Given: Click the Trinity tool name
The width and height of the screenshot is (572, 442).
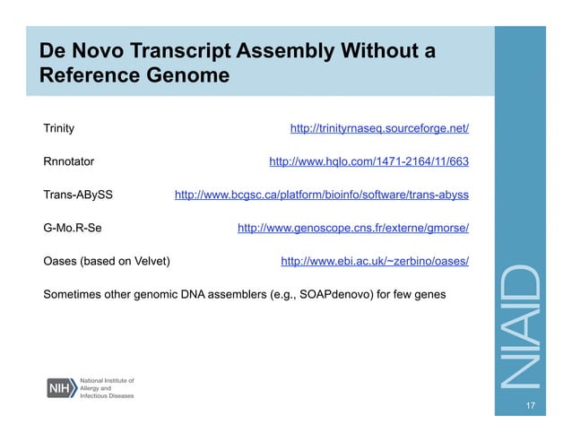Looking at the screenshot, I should pos(58,129).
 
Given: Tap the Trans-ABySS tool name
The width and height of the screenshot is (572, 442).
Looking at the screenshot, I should pos(78,195).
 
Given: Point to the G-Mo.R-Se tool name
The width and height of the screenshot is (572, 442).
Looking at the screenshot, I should pos(73,228).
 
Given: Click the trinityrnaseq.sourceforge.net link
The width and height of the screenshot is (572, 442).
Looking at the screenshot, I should pos(379,129).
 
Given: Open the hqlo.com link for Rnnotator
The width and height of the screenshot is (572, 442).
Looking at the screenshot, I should pos(368,162).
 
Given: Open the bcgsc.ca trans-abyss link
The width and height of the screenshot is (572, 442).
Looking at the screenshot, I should pos(321,195).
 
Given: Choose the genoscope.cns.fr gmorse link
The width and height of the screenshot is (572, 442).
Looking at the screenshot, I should pos(352,228).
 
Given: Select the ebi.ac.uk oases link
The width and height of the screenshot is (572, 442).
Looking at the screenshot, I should pos(375,261).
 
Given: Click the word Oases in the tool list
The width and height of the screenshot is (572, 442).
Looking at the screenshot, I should pos(60,261).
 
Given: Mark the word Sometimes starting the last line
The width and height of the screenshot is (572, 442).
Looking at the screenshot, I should pos(75,294).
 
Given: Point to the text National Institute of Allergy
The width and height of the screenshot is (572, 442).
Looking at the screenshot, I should pos(106,383).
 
